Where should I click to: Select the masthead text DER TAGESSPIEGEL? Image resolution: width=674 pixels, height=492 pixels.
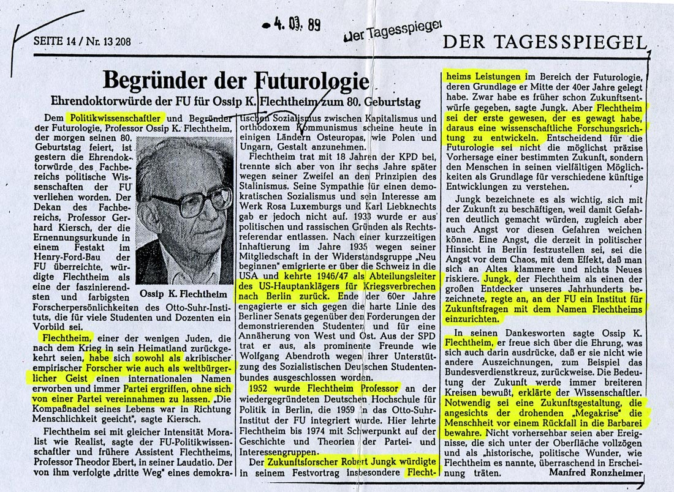(543, 42)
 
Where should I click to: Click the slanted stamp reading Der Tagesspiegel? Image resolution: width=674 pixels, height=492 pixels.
(393, 30)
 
